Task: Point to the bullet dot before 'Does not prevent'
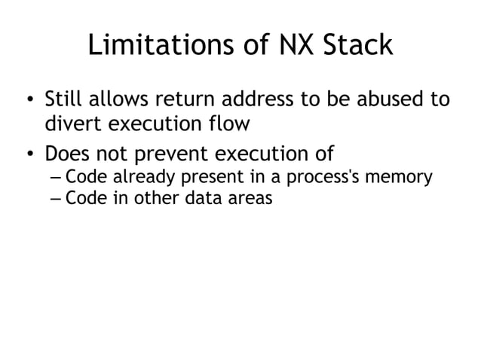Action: click(x=28, y=156)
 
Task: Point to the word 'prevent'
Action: click(x=175, y=155)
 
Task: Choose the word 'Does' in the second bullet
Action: click(x=67, y=155)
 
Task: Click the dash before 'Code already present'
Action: click(x=55, y=179)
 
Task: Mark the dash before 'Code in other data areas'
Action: click(x=55, y=200)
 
